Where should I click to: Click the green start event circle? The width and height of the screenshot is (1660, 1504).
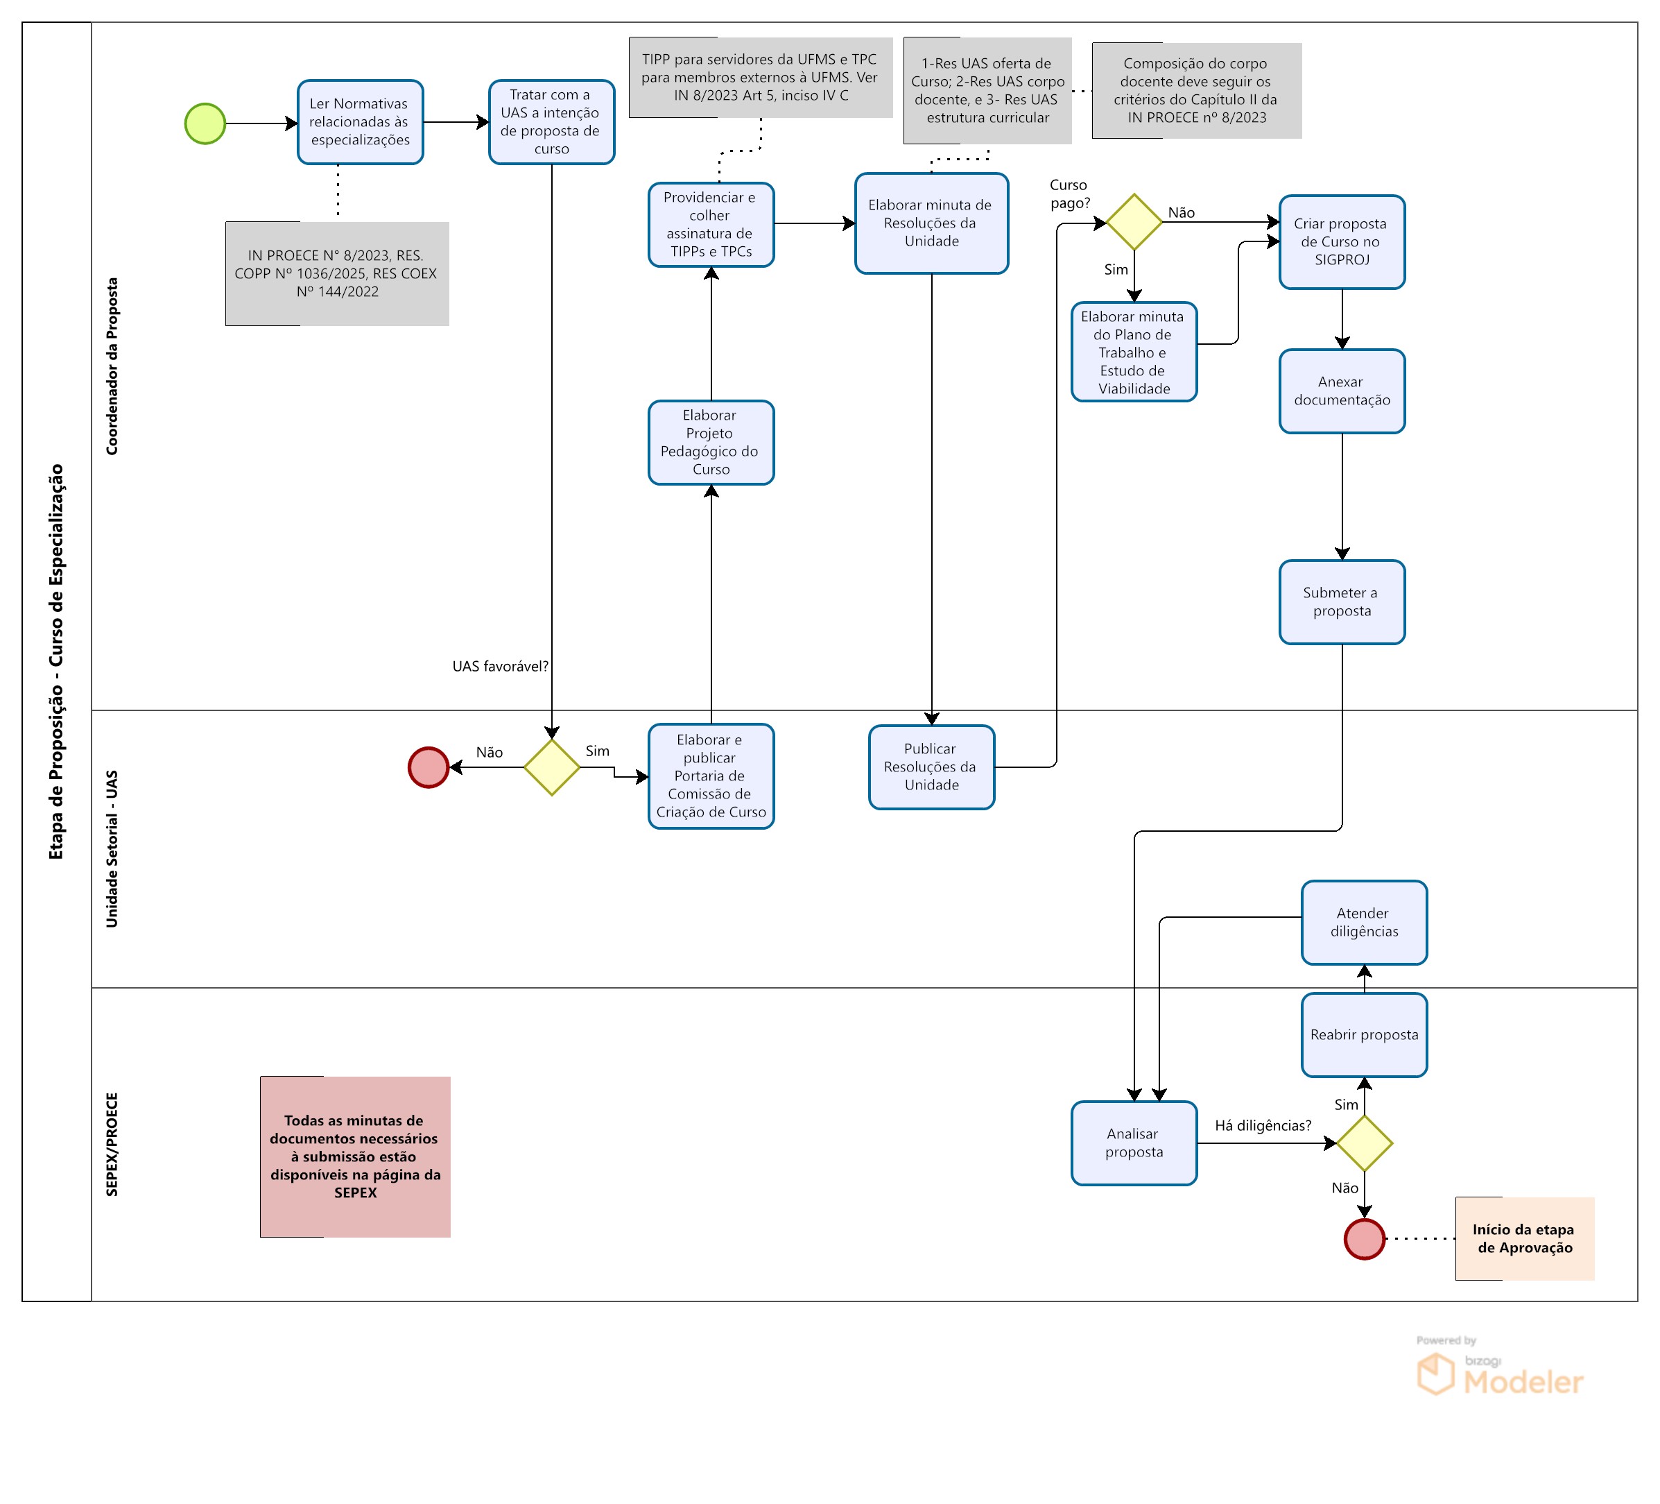(205, 123)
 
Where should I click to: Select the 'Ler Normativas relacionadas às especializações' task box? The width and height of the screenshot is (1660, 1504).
(360, 122)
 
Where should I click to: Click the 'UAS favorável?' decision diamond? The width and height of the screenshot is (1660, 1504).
(552, 767)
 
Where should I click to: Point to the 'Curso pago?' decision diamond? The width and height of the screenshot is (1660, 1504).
(1134, 221)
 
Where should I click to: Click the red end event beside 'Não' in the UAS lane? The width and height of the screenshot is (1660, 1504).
(429, 767)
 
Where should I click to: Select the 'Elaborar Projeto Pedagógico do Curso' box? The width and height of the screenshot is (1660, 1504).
(711, 443)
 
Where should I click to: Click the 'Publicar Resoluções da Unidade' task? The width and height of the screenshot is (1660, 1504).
(931, 767)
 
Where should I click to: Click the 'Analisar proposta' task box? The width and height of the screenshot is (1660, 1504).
(1134, 1143)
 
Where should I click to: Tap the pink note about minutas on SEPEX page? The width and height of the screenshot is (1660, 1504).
(355, 1156)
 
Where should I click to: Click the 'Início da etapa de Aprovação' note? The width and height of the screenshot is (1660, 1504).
(1524, 1239)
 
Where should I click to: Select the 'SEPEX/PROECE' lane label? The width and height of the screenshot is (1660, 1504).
(112, 1144)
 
